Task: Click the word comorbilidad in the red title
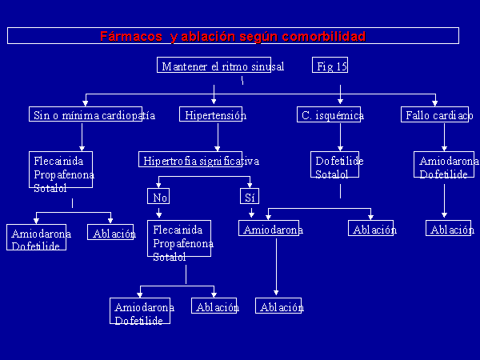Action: tap(323, 37)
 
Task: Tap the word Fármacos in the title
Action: tap(130, 37)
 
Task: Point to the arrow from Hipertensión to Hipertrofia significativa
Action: tap(218, 137)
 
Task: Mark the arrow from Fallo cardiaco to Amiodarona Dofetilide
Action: tap(444, 137)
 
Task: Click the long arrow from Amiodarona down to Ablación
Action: tap(276, 266)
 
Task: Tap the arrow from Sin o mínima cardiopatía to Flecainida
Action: tap(82, 137)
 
